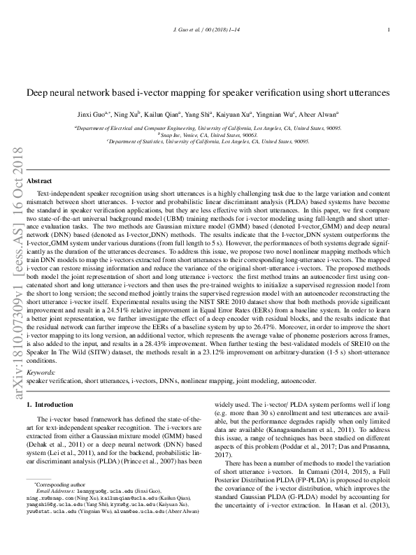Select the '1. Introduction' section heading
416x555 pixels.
pyautogui.click(x=50, y=405)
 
